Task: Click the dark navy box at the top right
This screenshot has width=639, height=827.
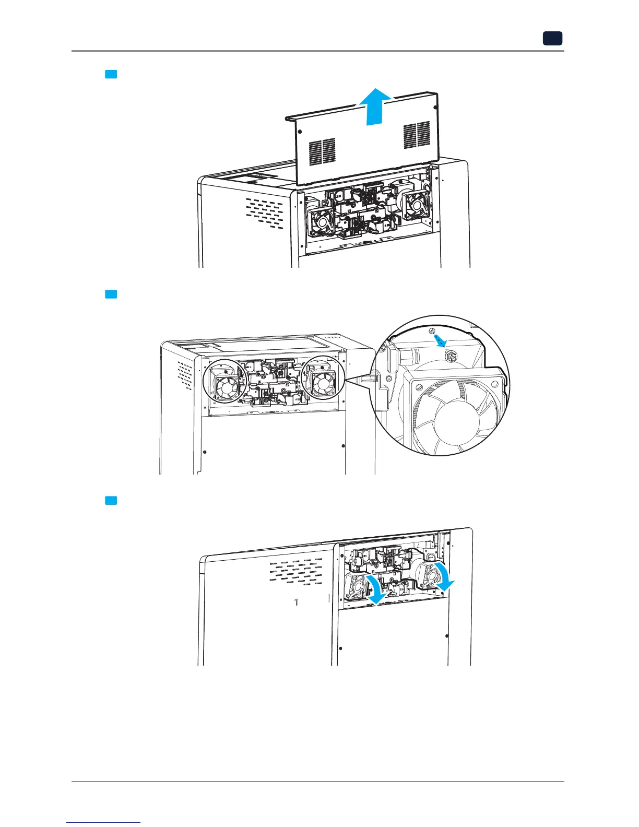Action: [552, 38]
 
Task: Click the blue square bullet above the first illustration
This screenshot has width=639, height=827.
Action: [110, 74]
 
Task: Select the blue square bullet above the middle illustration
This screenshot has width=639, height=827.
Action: [110, 294]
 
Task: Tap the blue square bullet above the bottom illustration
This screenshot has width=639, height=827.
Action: [110, 501]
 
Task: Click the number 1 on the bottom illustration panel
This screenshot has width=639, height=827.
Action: [296, 602]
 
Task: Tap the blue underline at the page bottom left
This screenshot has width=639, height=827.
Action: [104, 822]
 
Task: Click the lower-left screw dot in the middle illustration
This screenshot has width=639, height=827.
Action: [205, 451]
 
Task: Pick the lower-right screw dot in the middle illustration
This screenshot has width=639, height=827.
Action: [343, 445]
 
